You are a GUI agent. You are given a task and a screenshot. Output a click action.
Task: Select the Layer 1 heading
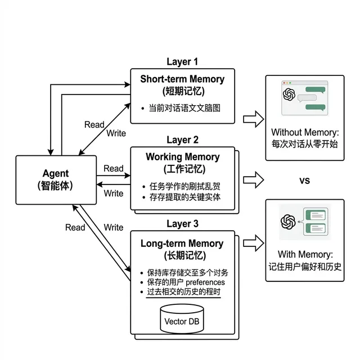point(182,61)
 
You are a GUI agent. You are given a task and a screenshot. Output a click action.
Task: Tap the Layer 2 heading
point(182,139)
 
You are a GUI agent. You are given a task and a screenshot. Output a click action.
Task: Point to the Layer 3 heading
point(182,224)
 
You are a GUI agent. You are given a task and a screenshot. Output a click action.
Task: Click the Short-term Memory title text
point(182,79)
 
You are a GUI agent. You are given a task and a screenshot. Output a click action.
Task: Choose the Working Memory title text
point(182,156)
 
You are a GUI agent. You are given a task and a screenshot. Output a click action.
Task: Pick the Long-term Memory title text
point(182,244)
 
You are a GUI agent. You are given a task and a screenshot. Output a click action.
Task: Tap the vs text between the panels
point(304,181)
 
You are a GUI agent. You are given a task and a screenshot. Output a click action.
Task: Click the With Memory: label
point(304,254)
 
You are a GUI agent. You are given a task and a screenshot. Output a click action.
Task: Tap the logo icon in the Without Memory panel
point(289,93)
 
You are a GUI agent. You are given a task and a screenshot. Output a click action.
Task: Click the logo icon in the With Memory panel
point(289,221)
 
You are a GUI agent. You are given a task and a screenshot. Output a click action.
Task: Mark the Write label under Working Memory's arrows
point(114,193)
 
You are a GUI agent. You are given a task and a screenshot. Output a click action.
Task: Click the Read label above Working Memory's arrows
point(114,168)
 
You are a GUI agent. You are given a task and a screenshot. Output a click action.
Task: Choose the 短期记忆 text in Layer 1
point(182,91)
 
